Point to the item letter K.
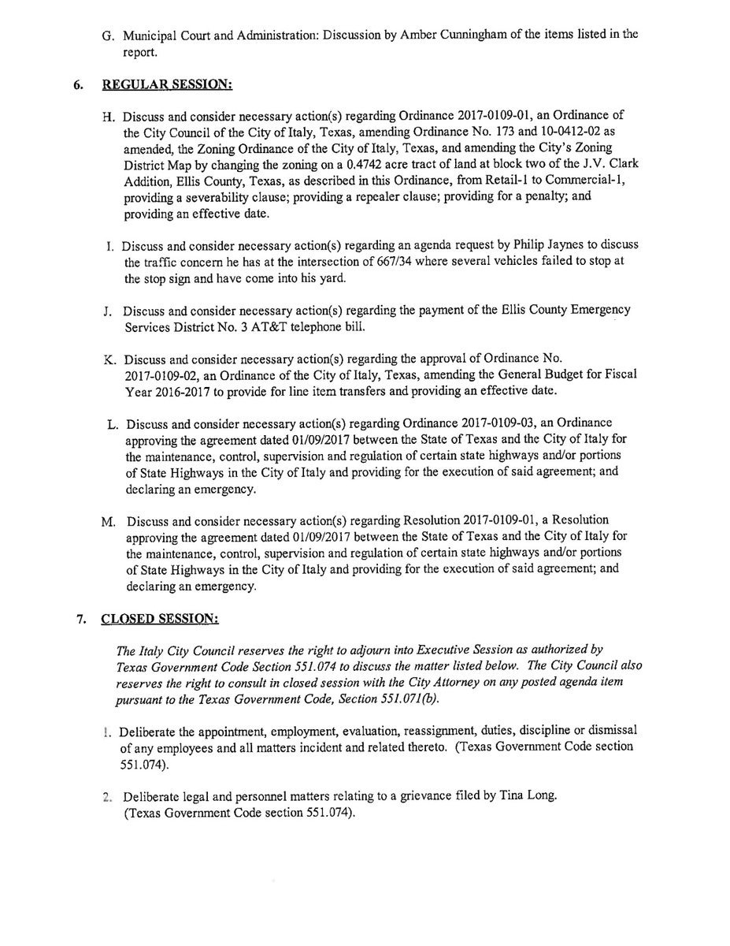pyautogui.click(x=109, y=359)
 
